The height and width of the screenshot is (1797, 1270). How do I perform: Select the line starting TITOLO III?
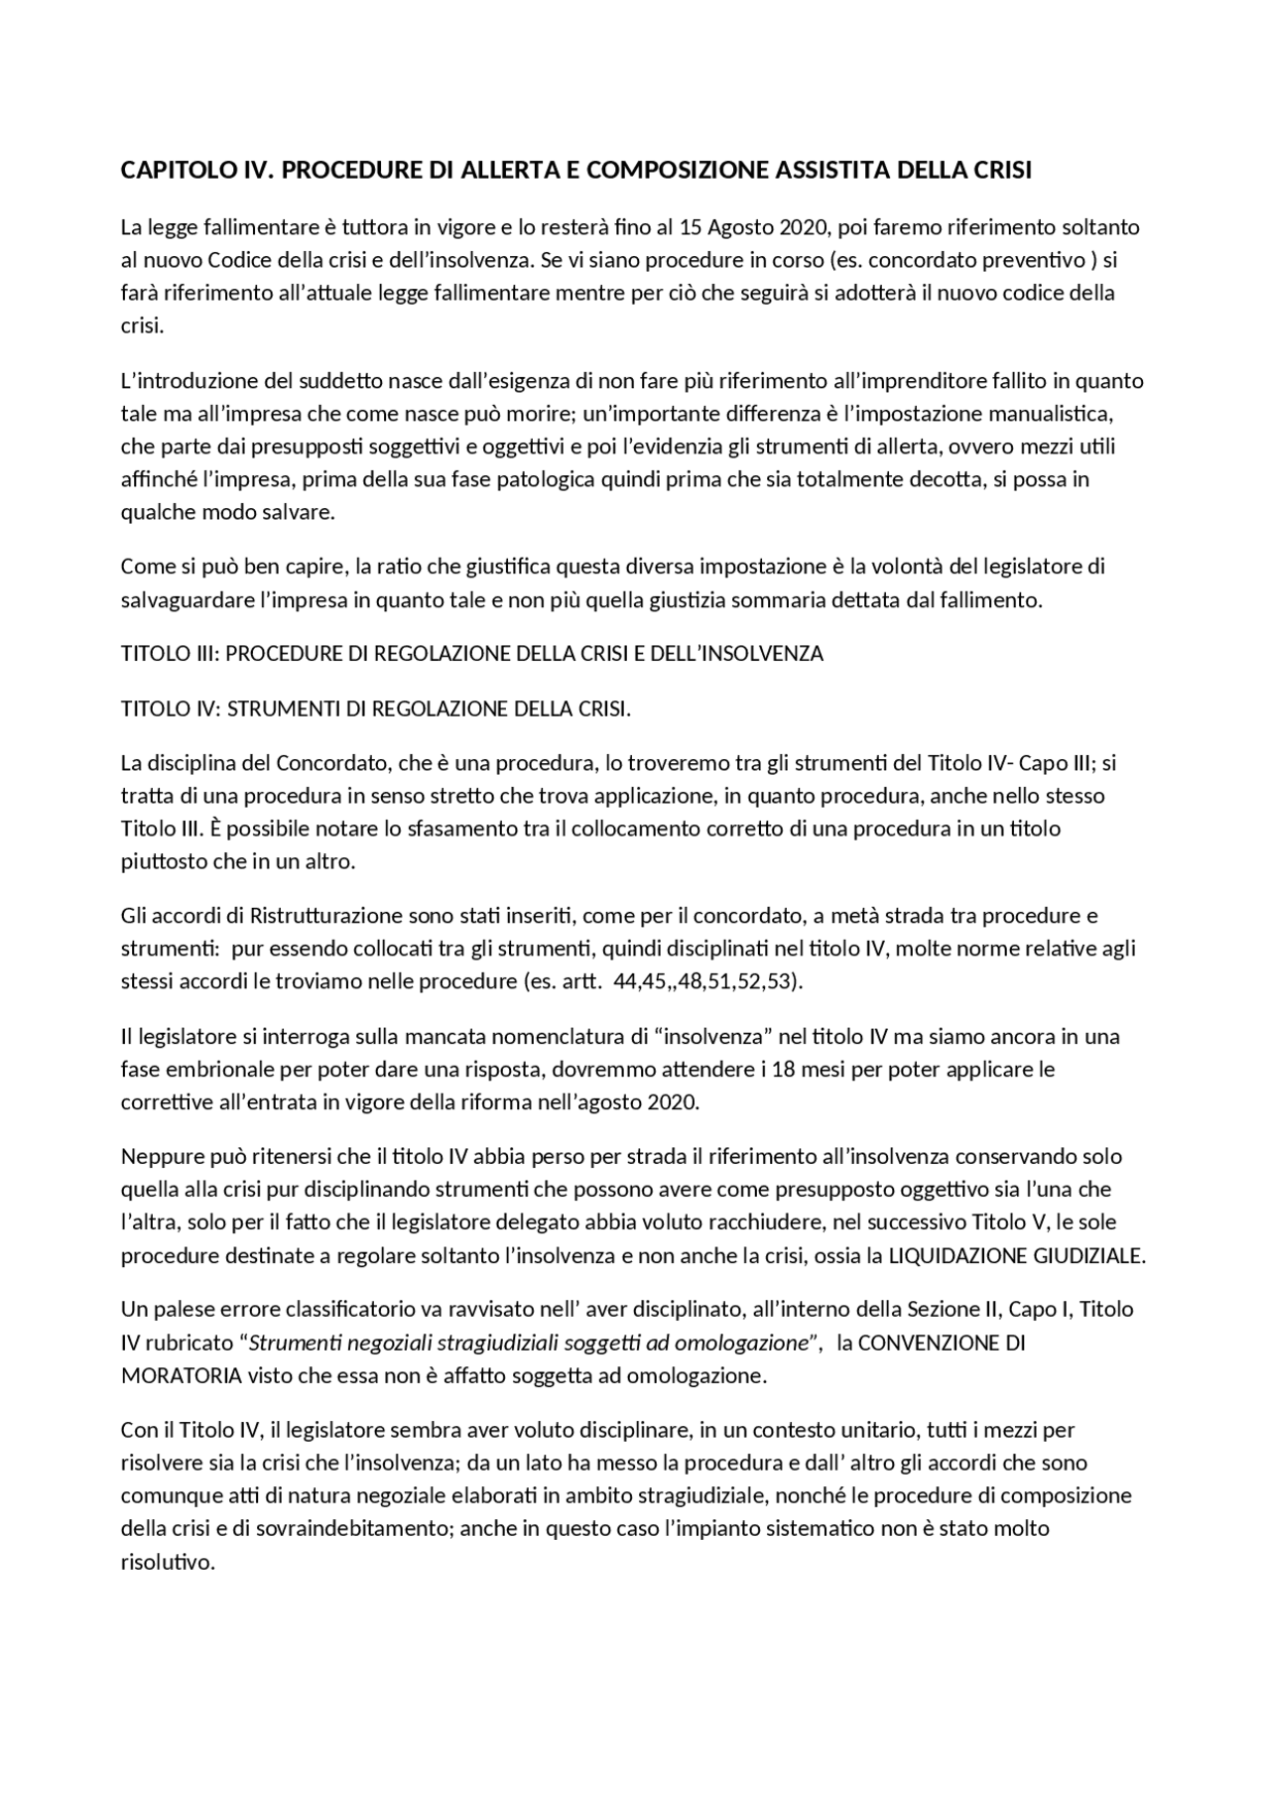471,654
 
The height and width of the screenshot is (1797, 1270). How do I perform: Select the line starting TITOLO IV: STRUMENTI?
375,709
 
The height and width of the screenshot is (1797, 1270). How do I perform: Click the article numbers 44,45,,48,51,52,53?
708,981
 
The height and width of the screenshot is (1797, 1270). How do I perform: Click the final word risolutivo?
168,1562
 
